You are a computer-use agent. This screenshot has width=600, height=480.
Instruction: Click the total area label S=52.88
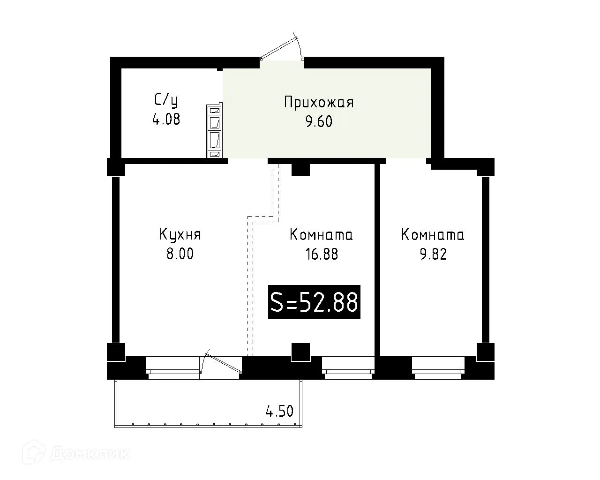(x=314, y=302)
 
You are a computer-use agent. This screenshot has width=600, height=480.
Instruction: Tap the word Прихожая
(x=319, y=103)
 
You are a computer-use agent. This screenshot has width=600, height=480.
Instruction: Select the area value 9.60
(x=319, y=121)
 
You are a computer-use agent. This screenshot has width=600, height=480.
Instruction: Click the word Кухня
(x=180, y=234)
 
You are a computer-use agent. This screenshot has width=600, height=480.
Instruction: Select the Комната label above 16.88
(x=321, y=234)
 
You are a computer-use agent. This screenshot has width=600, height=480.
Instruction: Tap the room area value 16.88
(x=321, y=254)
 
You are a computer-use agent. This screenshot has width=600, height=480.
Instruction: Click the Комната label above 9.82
(x=433, y=234)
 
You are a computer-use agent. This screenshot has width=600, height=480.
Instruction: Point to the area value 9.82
(x=433, y=254)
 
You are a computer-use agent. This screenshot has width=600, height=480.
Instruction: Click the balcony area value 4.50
(x=279, y=412)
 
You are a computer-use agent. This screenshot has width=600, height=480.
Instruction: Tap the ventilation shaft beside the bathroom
(x=215, y=131)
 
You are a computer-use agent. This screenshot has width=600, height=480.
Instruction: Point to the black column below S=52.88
(x=300, y=352)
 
